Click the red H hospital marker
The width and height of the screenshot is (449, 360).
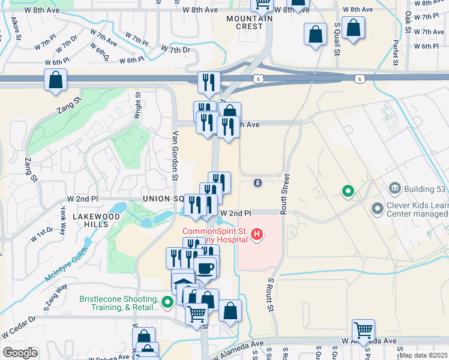pyautogui.click(x=257, y=233)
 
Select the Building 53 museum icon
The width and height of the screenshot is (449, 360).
pyautogui.click(x=394, y=189)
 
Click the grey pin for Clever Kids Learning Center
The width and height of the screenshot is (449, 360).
pyautogui.click(x=378, y=209)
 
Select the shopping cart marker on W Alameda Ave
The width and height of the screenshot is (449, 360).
pyautogui.click(x=364, y=330)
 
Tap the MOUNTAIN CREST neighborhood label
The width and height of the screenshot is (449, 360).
pyautogui.click(x=245, y=23)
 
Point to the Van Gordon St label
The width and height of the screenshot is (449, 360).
pyautogui.click(x=175, y=155)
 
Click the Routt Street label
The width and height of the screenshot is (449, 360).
pyautogui.click(x=286, y=191)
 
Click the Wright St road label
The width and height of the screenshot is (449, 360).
pyautogui.click(x=137, y=104)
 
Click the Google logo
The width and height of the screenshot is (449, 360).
pyautogui.click(x=20, y=353)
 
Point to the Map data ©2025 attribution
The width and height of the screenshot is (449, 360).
pyautogui.click(x=423, y=355)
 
